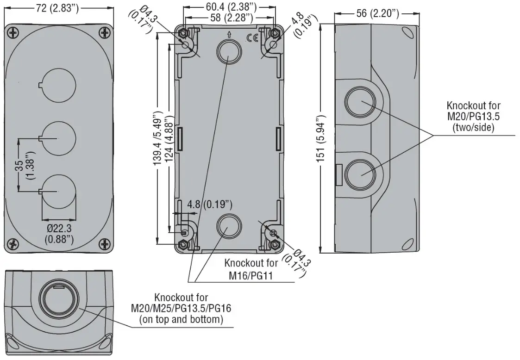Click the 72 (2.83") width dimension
pos(57,8)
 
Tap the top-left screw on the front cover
pos(13,33)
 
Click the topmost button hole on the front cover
pos(59,85)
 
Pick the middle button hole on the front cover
pos(59,138)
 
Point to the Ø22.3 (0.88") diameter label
pos(59,234)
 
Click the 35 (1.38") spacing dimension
pos(25,165)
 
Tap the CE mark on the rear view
pos(252,39)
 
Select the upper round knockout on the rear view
pos(229,51)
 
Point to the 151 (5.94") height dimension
pos(321,139)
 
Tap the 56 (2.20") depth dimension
pos(377,13)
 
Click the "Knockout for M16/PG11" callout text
pos(251,269)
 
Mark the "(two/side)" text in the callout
pos(473,127)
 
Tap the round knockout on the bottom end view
pos(59,297)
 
